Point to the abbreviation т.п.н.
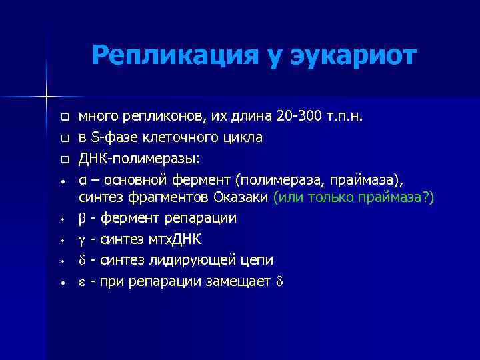tap(346, 117)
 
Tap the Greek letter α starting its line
tap(82, 179)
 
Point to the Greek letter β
tap(83, 219)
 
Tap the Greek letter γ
tap(83, 239)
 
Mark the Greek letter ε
tap(82, 281)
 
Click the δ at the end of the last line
tap(279, 281)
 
